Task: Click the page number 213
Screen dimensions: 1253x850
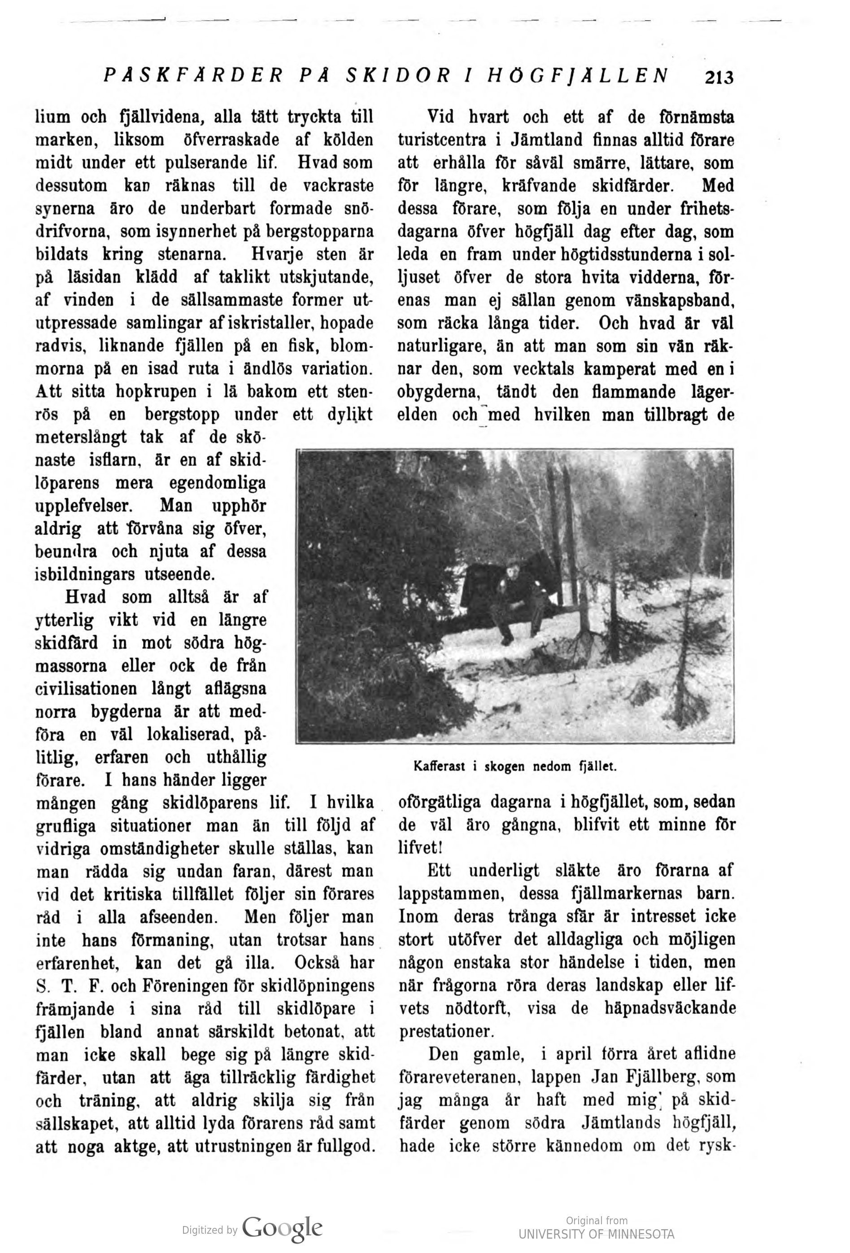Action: coord(719,78)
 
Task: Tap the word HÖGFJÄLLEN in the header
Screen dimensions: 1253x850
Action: coord(578,75)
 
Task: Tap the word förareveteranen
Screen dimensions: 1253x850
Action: coord(460,1077)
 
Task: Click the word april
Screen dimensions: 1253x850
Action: coord(577,1054)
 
